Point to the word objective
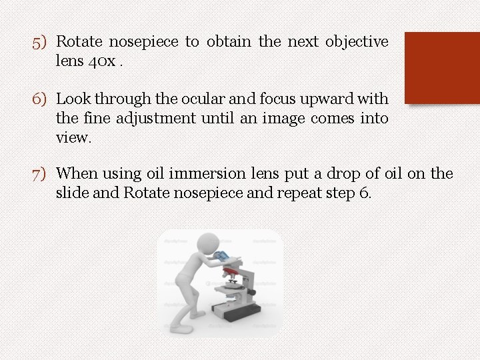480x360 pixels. (x=357, y=42)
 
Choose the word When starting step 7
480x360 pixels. (x=77, y=174)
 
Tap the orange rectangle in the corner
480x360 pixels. (x=442, y=67)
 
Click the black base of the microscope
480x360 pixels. (x=237, y=313)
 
